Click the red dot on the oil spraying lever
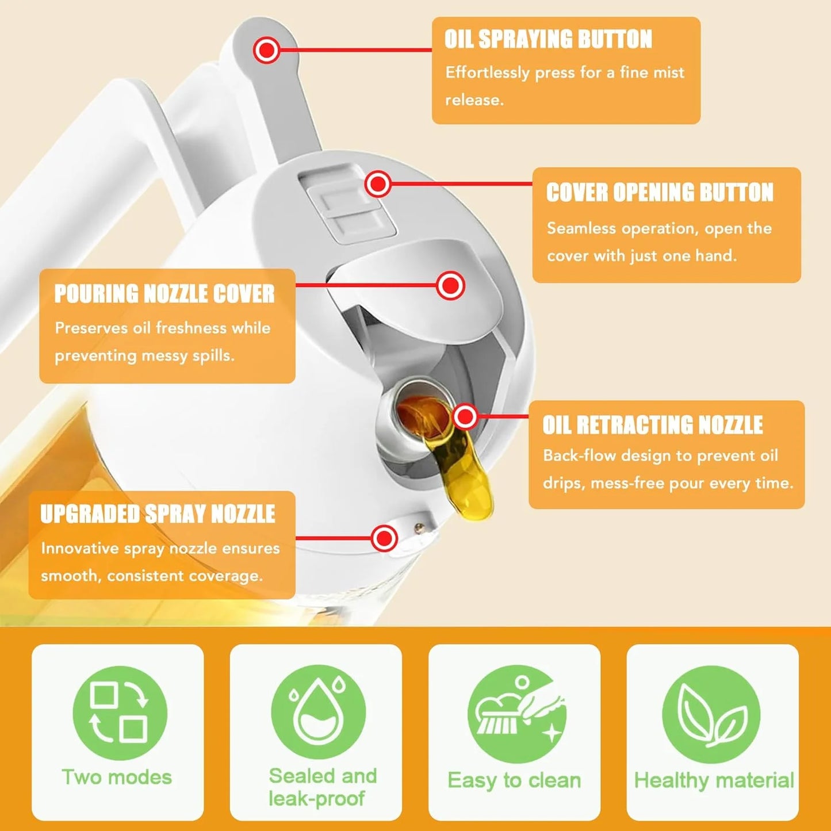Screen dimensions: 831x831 (x=266, y=51)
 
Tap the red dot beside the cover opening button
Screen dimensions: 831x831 (x=378, y=184)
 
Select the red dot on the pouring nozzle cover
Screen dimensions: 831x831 (x=450, y=285)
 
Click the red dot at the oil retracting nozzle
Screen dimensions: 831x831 (x=465, y=416)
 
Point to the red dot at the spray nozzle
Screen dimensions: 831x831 (x=384, y=539)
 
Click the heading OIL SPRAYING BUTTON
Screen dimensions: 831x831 (x=548, y=40)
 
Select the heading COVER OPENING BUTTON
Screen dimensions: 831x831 (x=660, y=193)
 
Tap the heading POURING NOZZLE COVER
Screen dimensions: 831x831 (x=164, y=294)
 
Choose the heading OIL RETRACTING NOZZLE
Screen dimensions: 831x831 (x=653, y=426)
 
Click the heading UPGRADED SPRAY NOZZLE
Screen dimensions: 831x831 (x=158, y=514)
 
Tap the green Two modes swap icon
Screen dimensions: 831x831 (x=120, y=713)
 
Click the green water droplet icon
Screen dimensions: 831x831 (x=318, y=712)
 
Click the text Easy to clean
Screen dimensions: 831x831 (x=514, y=780)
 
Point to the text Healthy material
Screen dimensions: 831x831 (x=713, y=780)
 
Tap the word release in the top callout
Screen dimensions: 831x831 (x=474, y=100)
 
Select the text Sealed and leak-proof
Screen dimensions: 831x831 (x=322, y=787)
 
